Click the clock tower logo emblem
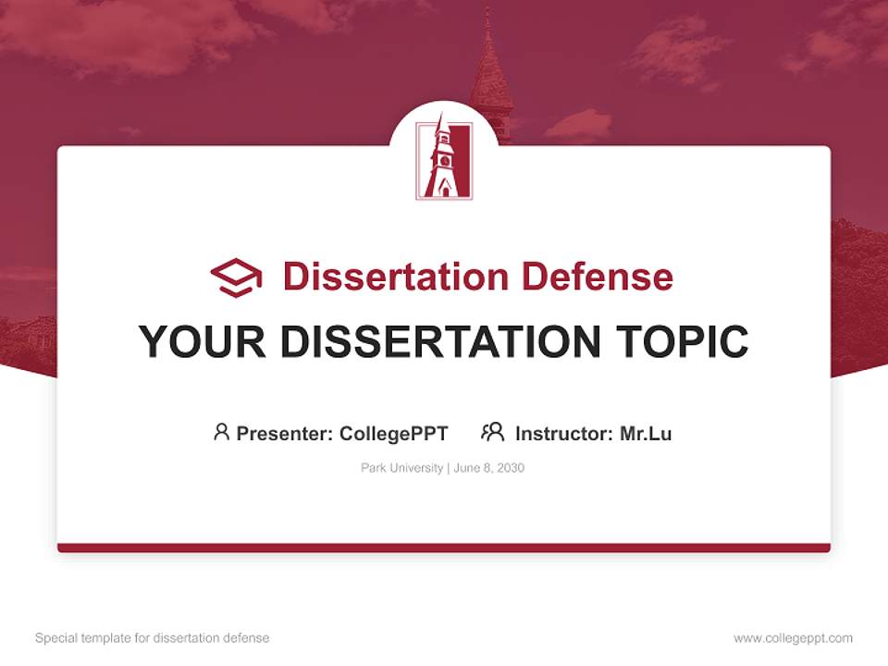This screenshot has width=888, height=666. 444,160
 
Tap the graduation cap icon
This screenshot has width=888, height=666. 236,277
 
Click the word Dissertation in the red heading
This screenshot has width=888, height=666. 395,277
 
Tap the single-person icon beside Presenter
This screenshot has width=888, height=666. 221,432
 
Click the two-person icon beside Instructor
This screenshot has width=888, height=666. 493,432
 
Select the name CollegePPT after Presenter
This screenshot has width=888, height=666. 394,433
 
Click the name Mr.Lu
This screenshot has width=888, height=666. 646,433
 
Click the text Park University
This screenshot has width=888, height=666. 401,468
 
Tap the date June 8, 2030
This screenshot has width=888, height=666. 489,468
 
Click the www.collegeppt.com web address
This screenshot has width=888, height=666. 793,638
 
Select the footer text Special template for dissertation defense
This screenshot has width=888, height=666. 153,638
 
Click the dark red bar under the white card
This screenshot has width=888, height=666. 444,548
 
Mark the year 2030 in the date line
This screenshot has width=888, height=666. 510,468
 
